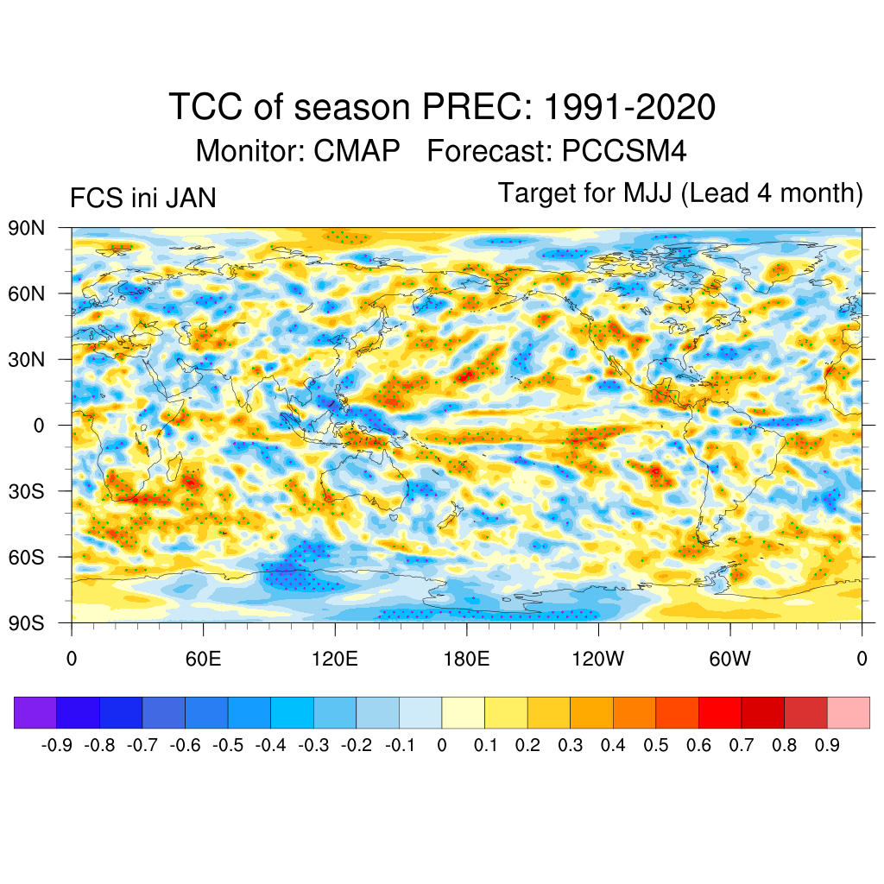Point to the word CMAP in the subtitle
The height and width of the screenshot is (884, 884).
[x=357, y=151]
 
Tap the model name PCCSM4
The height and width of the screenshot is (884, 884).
[x=623, y=151]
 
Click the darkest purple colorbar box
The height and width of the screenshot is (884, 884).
[x=35, y=712]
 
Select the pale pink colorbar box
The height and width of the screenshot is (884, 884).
[x=848, y=712]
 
